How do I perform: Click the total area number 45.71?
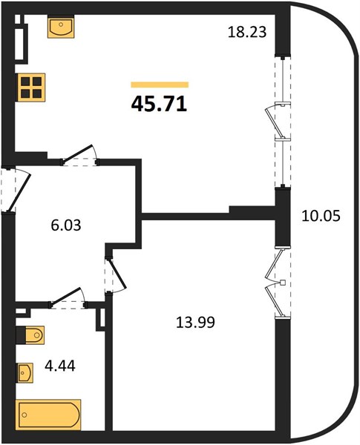pyautogui.click(x=159, y=104)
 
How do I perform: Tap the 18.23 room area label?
pyautogui.click(x=247, y=32)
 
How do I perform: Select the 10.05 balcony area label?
pyautogui.click(x=321, y=217)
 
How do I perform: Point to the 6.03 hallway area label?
pyautogui.click(x=66, y=225)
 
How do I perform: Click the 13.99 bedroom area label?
pyautogui.click(x=195, y=323)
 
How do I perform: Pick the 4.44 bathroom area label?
pyautogui.click(x=60, y=366)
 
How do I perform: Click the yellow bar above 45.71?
pyautogui.click(x=160, y=85)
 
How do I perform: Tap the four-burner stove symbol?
pyautogui.click(x=31, y=88)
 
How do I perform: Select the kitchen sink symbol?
pyautogui.click(x=61, y=28)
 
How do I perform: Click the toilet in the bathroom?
pyautogui.click(x=30, y=335)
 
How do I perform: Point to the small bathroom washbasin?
pyautogui.click(x=25, y=372)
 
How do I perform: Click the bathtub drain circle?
pyautogui.click(x=24, y=415)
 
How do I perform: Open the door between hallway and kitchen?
pyautogui.click(x=80, y=156)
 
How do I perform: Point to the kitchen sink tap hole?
pyautogui.click(x=61, y=24)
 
